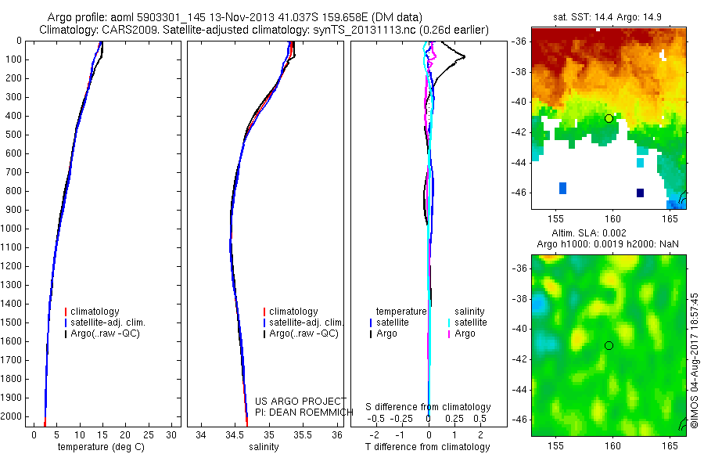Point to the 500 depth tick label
(13, 135)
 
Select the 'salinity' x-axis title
(264, 447)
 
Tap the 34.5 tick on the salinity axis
(235, 434)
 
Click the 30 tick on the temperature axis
(169, 434)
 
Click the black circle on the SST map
(609, 118)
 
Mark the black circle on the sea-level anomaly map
(609, 345)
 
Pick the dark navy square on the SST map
(640, 193)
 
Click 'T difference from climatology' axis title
(428, 447)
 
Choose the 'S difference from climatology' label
(429, 407)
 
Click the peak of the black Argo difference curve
(465, 56)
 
